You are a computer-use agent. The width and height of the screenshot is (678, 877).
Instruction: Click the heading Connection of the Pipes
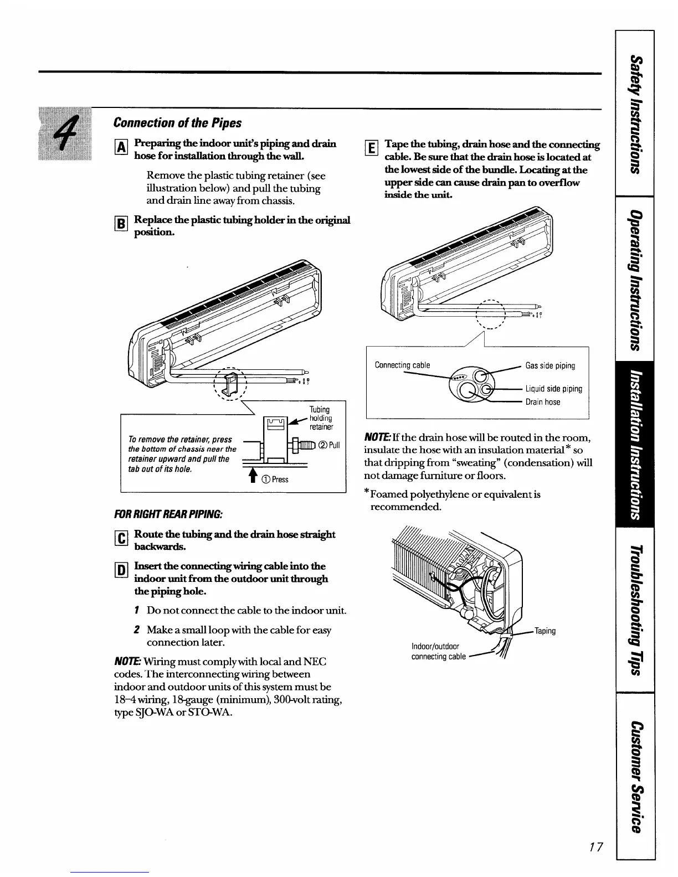point(177,122)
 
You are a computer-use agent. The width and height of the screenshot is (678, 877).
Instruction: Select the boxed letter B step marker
point(123,224)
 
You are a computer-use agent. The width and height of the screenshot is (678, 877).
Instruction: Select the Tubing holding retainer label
point(321,418)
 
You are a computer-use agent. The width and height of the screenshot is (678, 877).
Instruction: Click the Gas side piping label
point(549,365)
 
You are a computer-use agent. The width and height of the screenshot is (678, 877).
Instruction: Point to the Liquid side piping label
point(553,389)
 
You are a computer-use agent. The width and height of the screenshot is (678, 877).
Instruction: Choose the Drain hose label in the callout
point(542,402)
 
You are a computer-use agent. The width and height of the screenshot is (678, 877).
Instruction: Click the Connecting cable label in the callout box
point(402,365)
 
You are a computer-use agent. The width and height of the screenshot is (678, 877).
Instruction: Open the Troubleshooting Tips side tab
point(635,609)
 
